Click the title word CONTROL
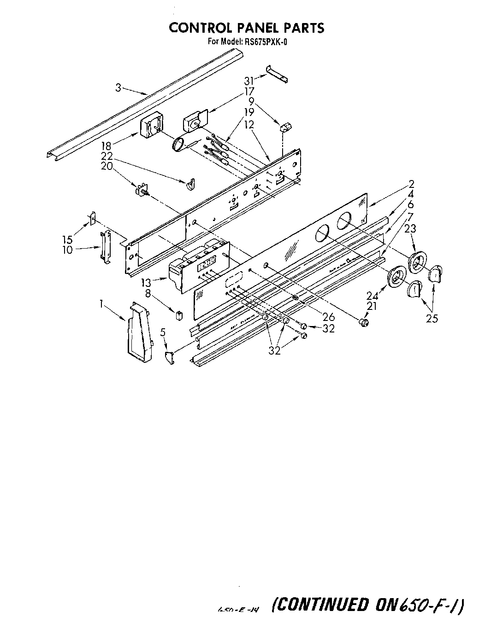pyautogui.click(x=193, y=28)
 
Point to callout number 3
pyautogui.click(x=118, y=87)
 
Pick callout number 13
pyautogui.click(x=147, y=283)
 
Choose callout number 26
pyautogui.click(x=329, y=317)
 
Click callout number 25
pyautogui.click(x=432, y=318)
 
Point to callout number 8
pyautogui.click(x=148, y=293)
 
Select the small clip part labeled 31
pyautogui.click(x=277, y=74)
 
